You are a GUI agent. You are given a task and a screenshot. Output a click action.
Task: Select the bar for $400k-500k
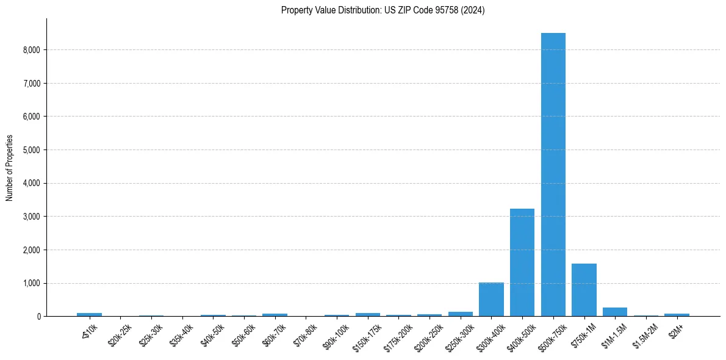(522, 262)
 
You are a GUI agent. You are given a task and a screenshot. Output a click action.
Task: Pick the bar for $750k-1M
(584, 290)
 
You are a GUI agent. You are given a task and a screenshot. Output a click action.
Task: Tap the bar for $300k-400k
(491, 300)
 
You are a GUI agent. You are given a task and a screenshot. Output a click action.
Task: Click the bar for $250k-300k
(461, 314)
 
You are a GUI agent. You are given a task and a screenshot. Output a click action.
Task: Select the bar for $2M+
(677, 315)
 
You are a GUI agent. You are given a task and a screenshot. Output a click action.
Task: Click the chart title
(383, 10)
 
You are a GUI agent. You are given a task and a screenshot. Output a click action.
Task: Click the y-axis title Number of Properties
(10, 168)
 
